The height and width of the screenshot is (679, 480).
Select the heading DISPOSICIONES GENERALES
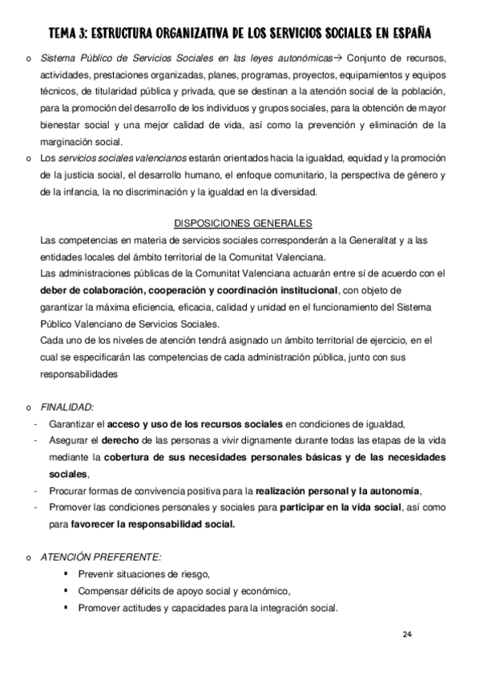tap(242, 223)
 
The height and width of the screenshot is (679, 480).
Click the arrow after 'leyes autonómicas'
tap(339, 60)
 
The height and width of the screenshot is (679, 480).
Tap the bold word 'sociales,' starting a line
tap(69, 474)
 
